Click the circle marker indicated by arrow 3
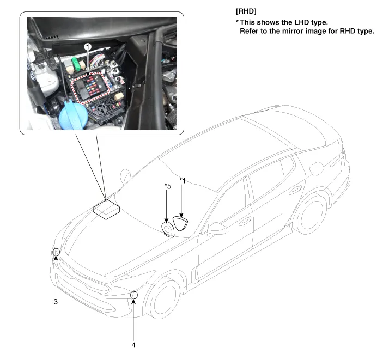tap(56, 252)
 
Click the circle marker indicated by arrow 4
tap(134, 295)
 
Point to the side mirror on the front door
tap(217, 229)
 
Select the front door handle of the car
tap(245, 221)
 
